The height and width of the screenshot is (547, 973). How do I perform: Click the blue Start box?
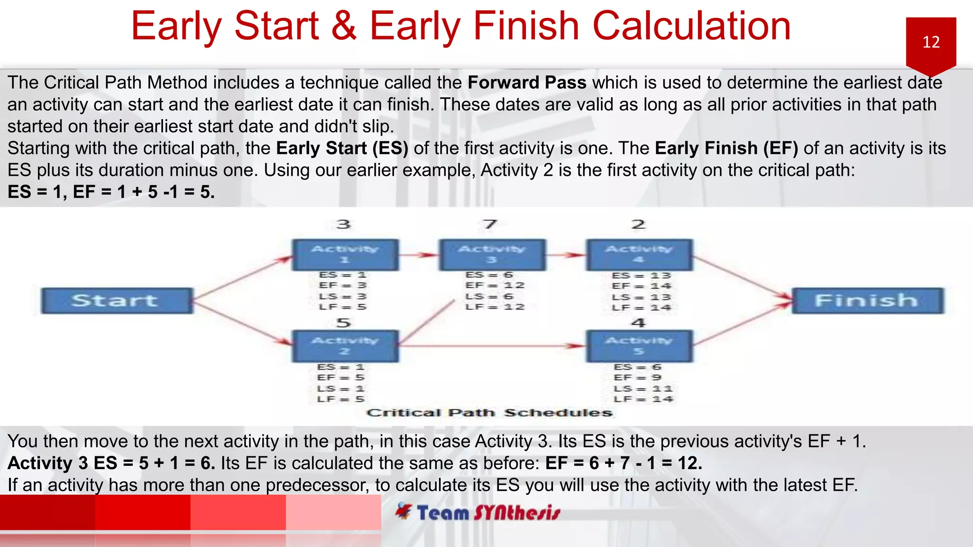point(117,301)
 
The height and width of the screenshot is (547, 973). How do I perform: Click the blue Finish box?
point(868,301)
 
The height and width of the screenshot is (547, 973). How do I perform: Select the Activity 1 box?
point(345,255)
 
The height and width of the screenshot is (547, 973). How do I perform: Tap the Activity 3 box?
point(492,255)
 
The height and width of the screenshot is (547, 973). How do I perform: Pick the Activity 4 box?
point(639,255)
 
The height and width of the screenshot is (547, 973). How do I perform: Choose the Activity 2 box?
point(345,346)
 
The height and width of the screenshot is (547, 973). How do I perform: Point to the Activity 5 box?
point(639,346)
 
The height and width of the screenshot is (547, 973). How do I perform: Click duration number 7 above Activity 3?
point(490,224)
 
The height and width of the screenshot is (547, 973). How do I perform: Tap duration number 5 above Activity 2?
point(343,323)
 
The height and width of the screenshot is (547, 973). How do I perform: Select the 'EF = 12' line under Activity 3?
point(495,285)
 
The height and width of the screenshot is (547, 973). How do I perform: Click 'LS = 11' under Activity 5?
point(643,389)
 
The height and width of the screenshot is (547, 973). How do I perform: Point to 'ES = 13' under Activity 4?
point(641,275)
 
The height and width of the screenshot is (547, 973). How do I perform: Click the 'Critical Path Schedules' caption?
point(489,413)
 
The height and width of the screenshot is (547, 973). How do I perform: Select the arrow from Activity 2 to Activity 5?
point(494,346)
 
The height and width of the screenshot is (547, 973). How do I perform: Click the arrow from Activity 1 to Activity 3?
point(418,255)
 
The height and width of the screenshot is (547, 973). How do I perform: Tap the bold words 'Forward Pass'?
point(527,83)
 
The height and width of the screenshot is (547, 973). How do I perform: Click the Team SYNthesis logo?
point(478,513)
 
